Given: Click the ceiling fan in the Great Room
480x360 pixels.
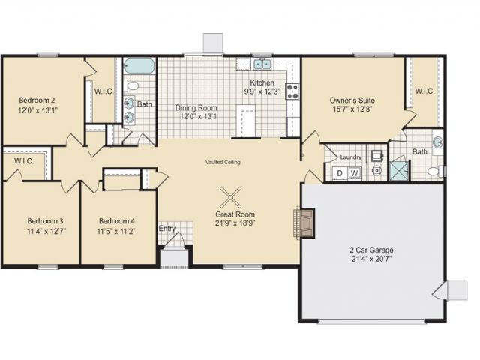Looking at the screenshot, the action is (x=230, y=197).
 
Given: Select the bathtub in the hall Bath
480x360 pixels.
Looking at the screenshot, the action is (x=139, y=66).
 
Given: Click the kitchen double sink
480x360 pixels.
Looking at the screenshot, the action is (x=262, y=64).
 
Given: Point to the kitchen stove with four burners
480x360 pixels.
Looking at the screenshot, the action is (x=292, y=91).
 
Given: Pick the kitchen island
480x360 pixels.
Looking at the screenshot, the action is (x=246, y=121).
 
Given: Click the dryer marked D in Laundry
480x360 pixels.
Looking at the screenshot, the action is (x=340, y=173).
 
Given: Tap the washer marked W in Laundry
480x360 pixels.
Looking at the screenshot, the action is (x=354, y=173).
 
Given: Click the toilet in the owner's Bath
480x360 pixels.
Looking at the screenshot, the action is (x=436, y=172).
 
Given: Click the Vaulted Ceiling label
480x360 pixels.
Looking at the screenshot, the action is (x=223, y=162).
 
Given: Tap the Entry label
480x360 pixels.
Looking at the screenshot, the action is (x=167, y=229).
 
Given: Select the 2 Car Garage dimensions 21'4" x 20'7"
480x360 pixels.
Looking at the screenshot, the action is (x=372, y=259).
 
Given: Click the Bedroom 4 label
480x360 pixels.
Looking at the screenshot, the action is (x=117, y=221).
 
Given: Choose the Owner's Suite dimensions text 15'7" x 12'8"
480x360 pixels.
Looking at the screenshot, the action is (x=352, y=109).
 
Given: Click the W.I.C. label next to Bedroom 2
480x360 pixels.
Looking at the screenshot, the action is (x=104, y=91).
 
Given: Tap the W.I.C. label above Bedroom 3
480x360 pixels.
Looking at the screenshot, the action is (x=24, y=161).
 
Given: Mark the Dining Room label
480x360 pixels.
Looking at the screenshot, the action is (x=196, y=108).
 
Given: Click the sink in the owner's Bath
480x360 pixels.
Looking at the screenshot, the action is (x=438, y=142).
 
